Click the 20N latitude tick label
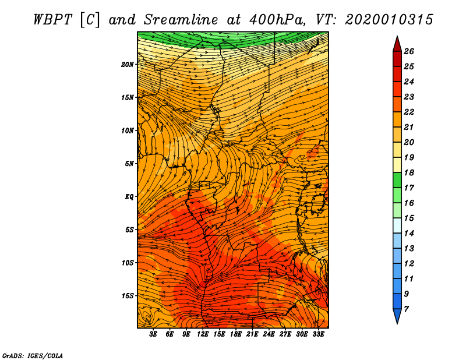[127, 65]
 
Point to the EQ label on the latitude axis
[129, 197]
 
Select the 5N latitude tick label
[129, 164]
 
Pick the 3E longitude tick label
[153, 334]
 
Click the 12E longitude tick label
[202, 334]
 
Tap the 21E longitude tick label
[252, 334]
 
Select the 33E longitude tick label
[318, 334]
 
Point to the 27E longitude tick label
[285, 334]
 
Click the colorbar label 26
[409, 51]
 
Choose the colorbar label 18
[409, 172]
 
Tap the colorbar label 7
[406, 309]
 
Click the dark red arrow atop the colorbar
[397, 44]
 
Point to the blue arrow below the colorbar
[397, 316]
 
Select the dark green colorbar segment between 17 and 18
[397, 180]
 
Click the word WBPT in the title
[52, 20]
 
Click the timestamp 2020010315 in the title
[389, 20]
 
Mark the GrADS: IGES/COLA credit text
[33, 355]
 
